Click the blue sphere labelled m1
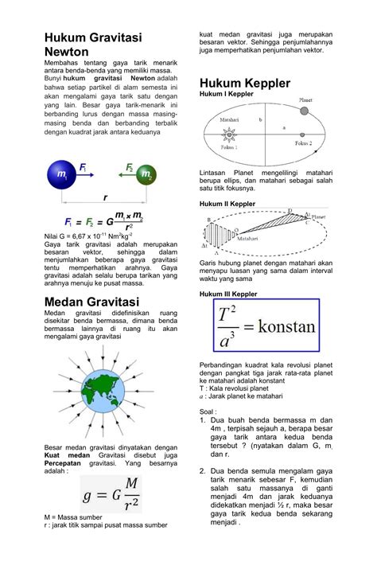point(60,173)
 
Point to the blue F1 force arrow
point(81,173)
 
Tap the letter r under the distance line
point(103,197)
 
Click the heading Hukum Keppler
point(245,84)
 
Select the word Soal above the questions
point(208,411)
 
